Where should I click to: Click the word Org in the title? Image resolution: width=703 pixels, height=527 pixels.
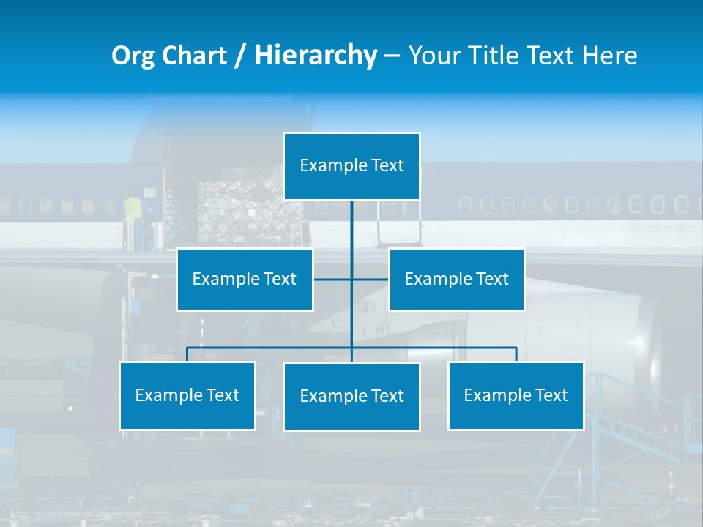(133, 56)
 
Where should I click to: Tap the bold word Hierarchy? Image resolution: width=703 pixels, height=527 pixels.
(316, 56)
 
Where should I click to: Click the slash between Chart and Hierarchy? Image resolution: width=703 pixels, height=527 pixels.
(240, 56)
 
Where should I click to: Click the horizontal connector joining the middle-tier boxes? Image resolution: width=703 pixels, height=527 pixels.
(370, 279)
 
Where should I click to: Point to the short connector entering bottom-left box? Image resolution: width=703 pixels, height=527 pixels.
(187, 354)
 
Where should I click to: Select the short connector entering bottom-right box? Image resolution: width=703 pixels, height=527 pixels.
(516, 354)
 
